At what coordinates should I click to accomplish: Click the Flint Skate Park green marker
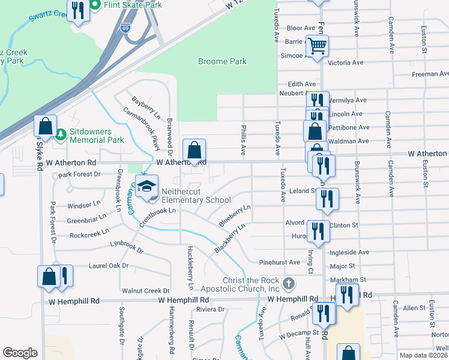click(x=95, y=5)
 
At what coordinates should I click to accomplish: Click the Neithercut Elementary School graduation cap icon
click(x=146, y=188)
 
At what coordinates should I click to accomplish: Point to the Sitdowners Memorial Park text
click(x=97, y=136)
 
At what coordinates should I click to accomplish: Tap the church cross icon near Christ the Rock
click(x=289, y=283)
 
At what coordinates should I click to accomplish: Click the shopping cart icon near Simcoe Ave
click(x=317, y=46)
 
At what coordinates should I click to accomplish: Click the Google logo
click(x=20, y=353)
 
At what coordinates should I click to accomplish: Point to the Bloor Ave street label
click(x=301, y=28)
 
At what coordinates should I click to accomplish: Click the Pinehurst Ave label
click(x=279, y=262)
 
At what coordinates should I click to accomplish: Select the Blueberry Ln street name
click(x=234, y=215)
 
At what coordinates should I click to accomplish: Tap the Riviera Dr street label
click(x=210, y=310)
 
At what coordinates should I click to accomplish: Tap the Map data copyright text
click(x=424, y=355)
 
